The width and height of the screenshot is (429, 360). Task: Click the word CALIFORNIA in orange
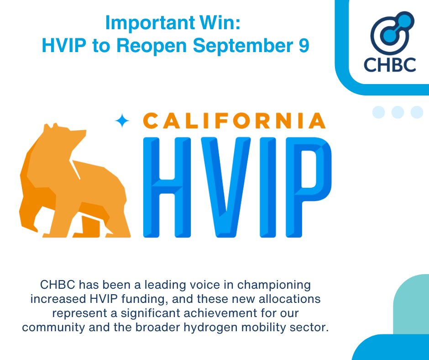tap(234, 121)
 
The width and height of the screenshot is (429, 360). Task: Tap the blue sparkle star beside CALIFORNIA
tap(122, 120)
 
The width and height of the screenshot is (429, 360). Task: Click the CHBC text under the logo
tap(390, 64)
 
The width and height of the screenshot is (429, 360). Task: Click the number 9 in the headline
tap(304, 45)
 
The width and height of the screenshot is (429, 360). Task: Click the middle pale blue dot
tap(398, 112)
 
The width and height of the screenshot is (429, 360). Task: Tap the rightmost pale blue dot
tap(417, 112)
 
